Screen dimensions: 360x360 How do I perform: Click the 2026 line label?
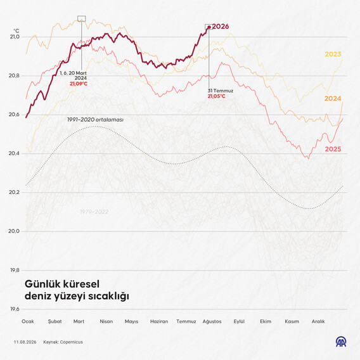pyautogui.click(x=221, y=27)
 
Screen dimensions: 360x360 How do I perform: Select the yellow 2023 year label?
pyautogui.click(x=333, y=54)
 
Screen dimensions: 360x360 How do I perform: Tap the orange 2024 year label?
pyautogui.click(x=333, y=98)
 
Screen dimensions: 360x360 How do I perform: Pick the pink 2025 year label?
pyautogui.click(x=333, y=149)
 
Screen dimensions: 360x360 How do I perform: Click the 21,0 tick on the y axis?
pyautogui.click(x=15, y=37)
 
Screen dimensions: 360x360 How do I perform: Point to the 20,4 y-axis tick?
pyautogui.click(x=14, y=153)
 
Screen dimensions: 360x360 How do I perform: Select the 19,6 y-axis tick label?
pyautogui.click(x=15, y=309)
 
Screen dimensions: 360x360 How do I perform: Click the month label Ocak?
pyautogui.click(x=28, y=321)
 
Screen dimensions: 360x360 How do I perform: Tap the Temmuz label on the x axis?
pyautogui.click(x=186, y=321)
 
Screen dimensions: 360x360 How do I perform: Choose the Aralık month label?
pyautogui.click(x=318, y=321)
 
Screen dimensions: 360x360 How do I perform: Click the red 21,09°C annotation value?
pyautogui.click(x=79, y=84)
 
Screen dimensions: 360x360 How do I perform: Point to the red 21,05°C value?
pyautogui.click(x=217, y=96)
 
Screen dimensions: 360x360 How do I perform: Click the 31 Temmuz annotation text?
pyautogui.click(x=221, y=91)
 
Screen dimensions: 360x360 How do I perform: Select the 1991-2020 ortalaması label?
pyautogui.click(x=95, y=120)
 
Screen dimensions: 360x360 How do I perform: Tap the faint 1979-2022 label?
pyautogui.click(x=94, y=212)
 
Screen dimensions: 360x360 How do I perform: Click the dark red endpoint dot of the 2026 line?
pyautogui.click(x=209, y=27)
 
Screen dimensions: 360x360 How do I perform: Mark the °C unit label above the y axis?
pyautogui.click(x=16, y=31)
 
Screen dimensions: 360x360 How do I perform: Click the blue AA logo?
pyautogui.click(x=341, y=342)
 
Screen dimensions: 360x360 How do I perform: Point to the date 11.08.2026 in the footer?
pyautogui.click(x=25, y=342)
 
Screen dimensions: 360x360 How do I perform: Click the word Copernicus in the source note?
pyautogui.click(x=72, y=342)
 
